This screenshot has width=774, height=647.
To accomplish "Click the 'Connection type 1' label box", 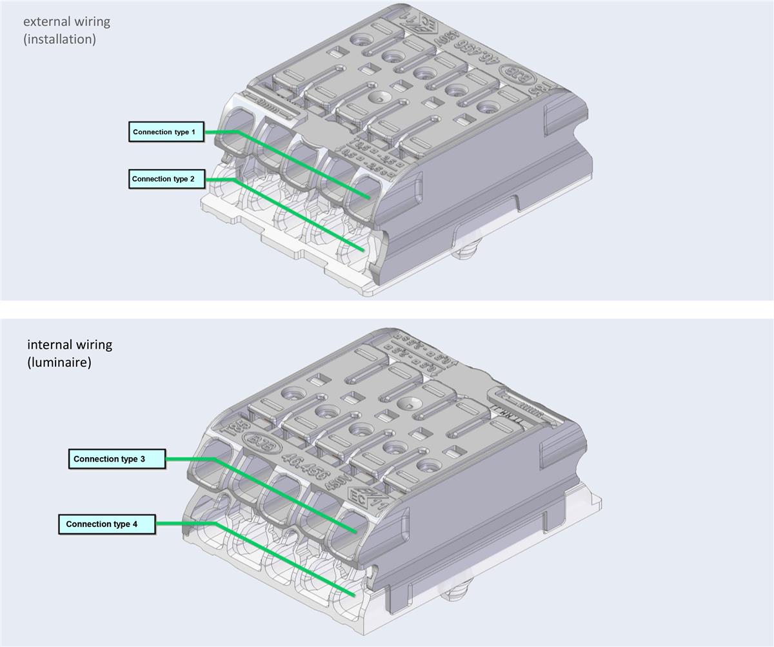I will click(166, 132).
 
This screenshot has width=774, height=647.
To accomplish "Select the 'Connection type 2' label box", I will click(167, 179).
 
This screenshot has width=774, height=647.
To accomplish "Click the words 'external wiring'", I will click(66, 21).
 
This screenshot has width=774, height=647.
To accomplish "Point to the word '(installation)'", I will click(59, 39).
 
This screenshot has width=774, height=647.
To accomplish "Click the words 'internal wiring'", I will click(69, 344).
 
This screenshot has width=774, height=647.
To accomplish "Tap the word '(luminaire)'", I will click(59, 362).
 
